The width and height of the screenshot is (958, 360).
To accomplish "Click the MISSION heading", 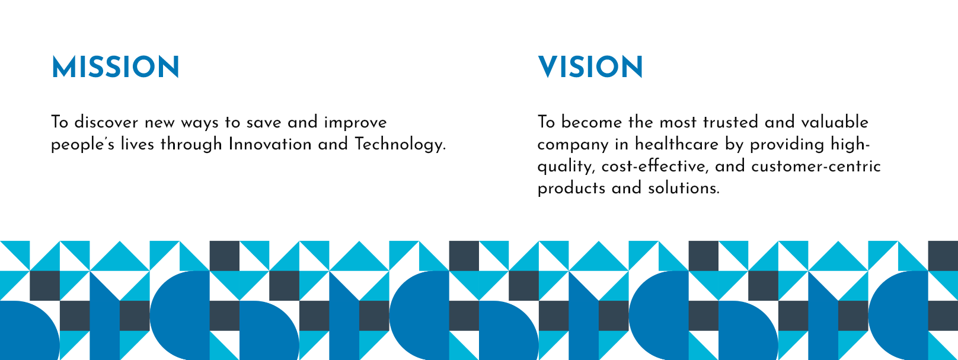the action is coord(116,67).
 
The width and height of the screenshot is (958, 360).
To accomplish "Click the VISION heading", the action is coord(590,67).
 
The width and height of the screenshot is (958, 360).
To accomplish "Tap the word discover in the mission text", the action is coord(106,122).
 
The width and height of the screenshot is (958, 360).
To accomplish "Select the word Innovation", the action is coord(270,144).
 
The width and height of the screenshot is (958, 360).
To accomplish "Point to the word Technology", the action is coord(400,145).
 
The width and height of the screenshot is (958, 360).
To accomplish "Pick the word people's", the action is coord(82,145).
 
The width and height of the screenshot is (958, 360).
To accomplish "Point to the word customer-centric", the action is coord(816,166).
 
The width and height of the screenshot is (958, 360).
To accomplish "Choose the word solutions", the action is coord(684,189).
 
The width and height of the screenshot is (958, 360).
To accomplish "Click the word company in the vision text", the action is coord(573,145).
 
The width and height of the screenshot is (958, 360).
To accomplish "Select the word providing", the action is coord(787,145).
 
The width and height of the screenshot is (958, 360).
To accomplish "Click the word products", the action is coord(571,189).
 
